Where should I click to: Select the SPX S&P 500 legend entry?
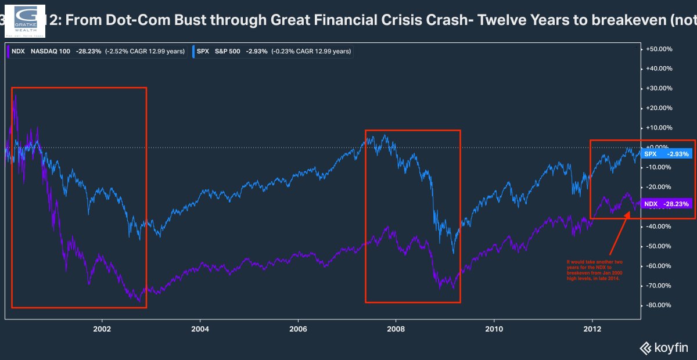pos(271,51)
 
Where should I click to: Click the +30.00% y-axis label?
pos(659,89)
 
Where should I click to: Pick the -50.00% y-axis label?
pos(659,246)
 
